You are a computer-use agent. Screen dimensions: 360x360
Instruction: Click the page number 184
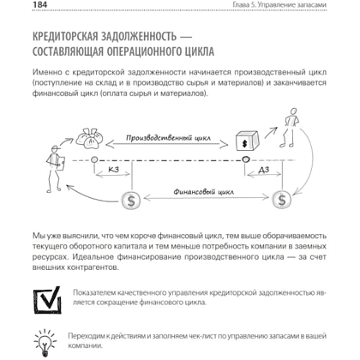40,4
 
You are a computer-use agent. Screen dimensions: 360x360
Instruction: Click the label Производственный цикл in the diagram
168,138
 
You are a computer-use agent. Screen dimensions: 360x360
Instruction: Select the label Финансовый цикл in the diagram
203,191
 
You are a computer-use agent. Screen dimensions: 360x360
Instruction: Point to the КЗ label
113,170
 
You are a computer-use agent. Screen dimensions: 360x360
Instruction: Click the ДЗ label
264,170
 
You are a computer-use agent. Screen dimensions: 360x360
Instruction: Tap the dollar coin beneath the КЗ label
131,201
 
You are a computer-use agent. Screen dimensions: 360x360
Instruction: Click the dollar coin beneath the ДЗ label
282,200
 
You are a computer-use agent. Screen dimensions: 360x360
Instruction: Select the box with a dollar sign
247,141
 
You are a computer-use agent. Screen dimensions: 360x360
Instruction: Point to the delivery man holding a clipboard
55,168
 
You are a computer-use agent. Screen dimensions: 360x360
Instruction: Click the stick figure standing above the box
290,128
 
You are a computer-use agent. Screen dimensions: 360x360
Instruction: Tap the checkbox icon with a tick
47,300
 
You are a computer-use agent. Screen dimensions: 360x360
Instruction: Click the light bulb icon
45,342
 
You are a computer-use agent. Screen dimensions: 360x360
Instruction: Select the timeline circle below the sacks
94,159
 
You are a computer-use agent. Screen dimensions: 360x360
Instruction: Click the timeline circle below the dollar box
245,159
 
